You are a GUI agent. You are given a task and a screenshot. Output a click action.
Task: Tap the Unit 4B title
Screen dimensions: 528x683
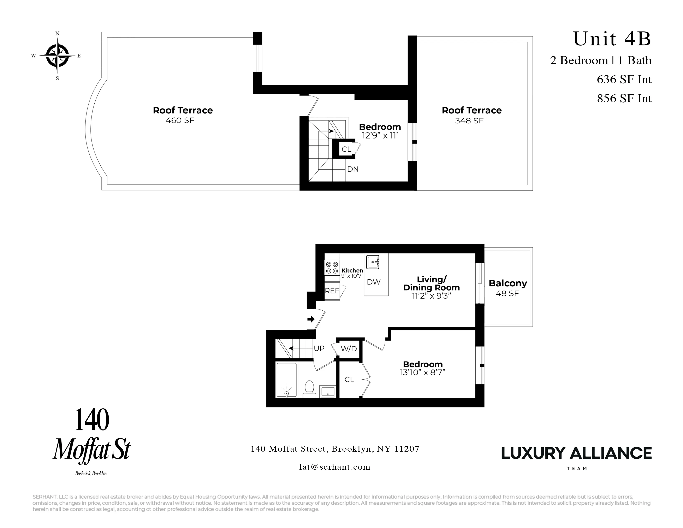(612, 39)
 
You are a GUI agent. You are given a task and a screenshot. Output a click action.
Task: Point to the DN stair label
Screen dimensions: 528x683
(353, 169)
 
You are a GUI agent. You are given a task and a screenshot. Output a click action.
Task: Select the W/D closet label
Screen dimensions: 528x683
(349, 349)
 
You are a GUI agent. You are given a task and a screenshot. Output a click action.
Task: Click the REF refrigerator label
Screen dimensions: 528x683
(332, 291)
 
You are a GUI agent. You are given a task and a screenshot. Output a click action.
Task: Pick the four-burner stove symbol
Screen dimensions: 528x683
(332, 268)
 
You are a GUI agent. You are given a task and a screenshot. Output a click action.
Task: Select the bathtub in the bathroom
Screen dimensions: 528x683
(286, 380)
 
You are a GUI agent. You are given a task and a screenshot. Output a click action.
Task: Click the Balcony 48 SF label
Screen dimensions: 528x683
(507, 288)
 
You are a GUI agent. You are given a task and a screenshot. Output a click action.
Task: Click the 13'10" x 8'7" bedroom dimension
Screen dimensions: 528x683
(422, 372)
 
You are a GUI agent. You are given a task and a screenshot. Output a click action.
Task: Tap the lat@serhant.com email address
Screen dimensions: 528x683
(335, 467)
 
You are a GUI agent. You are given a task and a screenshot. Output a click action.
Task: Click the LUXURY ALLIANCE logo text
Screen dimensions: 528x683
(576, 453)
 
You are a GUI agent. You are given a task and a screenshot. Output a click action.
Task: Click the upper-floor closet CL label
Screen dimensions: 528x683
(346, 149)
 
